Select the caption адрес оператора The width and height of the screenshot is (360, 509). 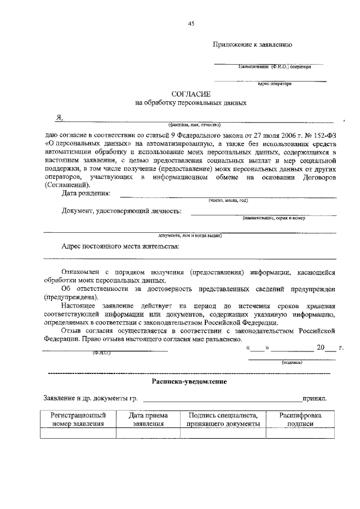click(274, 83)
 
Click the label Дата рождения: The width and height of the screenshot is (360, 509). click(86, 193)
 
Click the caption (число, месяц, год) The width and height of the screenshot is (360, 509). click(227, 200)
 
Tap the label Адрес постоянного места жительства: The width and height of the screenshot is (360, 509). click(120, 246)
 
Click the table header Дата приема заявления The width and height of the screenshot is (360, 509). click(148, 420)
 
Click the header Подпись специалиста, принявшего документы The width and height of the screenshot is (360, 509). click(223, 420)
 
